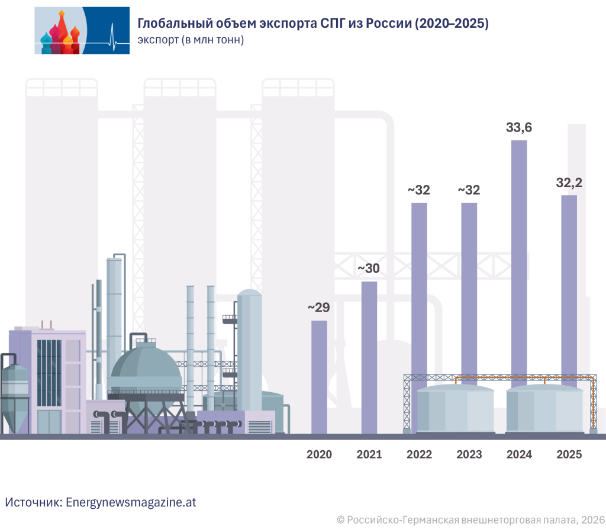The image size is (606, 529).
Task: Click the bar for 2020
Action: click(319, 376)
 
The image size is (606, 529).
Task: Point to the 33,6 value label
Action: click(519, 127)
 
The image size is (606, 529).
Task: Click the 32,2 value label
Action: click(569, 183)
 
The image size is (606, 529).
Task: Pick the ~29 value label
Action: click(318, 308)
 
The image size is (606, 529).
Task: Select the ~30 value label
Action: click(369, 268)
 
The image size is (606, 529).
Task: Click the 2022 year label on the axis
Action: click(420, 455)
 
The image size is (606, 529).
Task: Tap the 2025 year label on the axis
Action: click(570, 455)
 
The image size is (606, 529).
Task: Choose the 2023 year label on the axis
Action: click(469, 455)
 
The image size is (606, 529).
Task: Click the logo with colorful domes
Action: click(82, 31)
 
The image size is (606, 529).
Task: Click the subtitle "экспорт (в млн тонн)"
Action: click(191, 40)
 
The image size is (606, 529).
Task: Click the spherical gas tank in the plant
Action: click(146, 370)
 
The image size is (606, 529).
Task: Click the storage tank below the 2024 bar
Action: click(544, 409)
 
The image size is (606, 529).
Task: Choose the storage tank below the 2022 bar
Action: click(455, 409)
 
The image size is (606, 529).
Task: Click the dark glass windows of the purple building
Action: click(49, 373)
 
